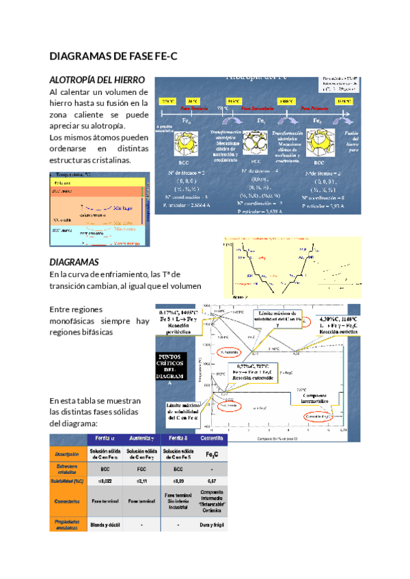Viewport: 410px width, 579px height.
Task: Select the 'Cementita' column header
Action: click(213, 438)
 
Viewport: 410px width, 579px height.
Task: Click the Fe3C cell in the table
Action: click(213, 453)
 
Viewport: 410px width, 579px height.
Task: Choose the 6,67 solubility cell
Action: click(213, 483)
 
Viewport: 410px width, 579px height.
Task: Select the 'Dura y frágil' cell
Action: click(213, 524)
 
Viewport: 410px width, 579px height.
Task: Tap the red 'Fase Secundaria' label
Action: click(254, 108)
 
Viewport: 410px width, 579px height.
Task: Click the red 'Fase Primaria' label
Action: click(314, 108)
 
